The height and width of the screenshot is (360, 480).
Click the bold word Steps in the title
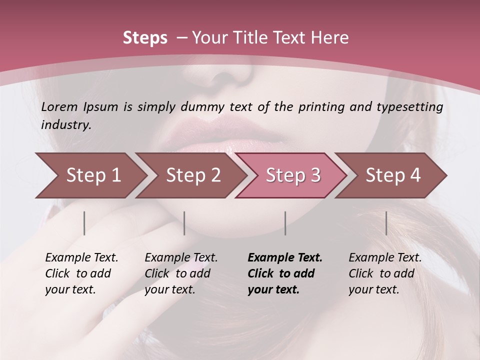click(x=145, y=38)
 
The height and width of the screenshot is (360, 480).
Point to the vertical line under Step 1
click(x=84, y=223)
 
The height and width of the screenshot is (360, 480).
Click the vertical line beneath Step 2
click(x=184, y=223)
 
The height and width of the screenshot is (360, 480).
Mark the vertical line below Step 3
click(x=285, y=223)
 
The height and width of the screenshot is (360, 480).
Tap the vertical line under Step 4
click(x=386, y=223)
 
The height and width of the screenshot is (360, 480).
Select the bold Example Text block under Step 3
click(x=285, y=273)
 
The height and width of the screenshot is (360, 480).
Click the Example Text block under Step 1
click(x=81, y=273)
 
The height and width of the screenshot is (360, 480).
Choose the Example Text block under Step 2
click(x=181, y=273)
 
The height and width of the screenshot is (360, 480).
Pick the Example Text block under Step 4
click(x=385, y=273)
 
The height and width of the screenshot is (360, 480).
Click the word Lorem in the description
click(x=59, y=107)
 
